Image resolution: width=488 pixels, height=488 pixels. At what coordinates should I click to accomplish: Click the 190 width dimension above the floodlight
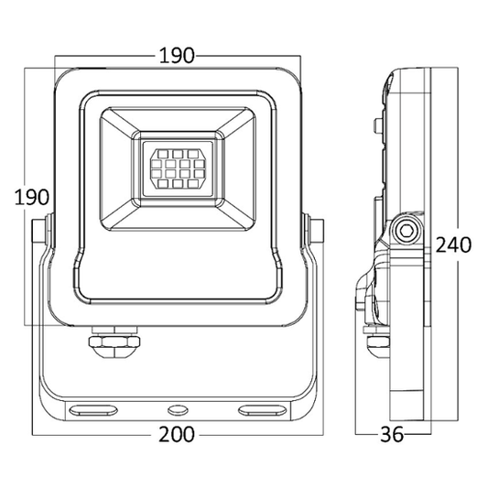coord(176,54)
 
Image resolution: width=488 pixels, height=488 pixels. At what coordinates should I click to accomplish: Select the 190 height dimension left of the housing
coord(30,197)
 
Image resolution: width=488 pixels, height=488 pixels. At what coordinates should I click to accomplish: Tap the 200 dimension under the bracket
coord(176,434)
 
